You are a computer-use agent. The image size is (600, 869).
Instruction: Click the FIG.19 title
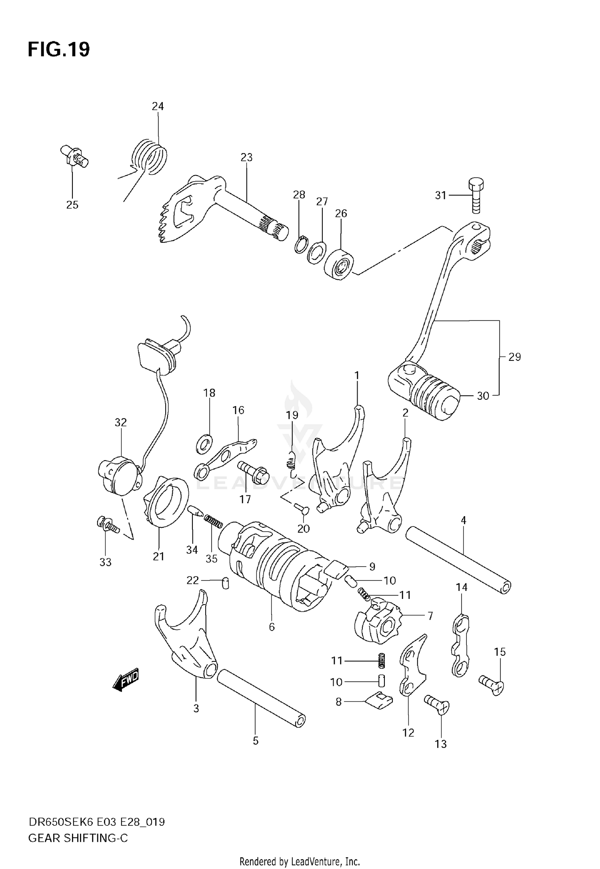pyautogui.click(x=58, y=50)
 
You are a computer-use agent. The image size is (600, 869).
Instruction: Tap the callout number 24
pyautogui.click(x=158, y=106)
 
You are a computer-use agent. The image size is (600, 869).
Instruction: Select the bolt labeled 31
pyautogui.click(x=475, y=196)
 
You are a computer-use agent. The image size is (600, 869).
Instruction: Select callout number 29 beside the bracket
pyautogui.click(x=514, y=357)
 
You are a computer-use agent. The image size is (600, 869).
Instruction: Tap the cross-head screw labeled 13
pyautogui.click(x=437, y=705)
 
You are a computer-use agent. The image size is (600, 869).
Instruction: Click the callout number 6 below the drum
pyautogui.click(x=272, y=627)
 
